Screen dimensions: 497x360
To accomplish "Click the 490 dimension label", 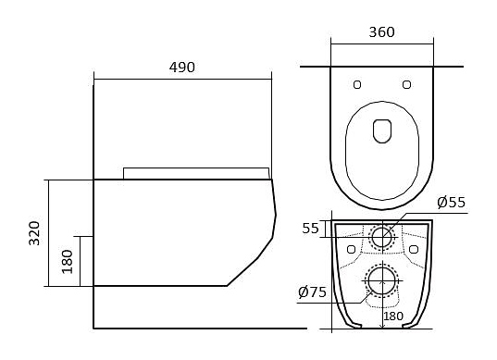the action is (182, 68).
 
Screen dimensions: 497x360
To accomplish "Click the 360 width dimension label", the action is (381, 32).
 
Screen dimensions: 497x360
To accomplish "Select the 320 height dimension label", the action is (34, 233).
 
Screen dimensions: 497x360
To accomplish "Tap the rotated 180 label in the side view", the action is (68, 262).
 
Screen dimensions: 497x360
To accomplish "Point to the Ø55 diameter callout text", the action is (451, 202).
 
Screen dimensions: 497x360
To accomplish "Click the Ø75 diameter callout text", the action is (312, 292).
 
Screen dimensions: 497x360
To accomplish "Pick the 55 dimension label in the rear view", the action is (310, 229).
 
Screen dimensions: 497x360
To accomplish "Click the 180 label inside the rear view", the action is (393, 316).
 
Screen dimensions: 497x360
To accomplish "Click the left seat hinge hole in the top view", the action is (357, 84).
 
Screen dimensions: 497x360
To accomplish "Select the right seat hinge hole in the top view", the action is (406, 84).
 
